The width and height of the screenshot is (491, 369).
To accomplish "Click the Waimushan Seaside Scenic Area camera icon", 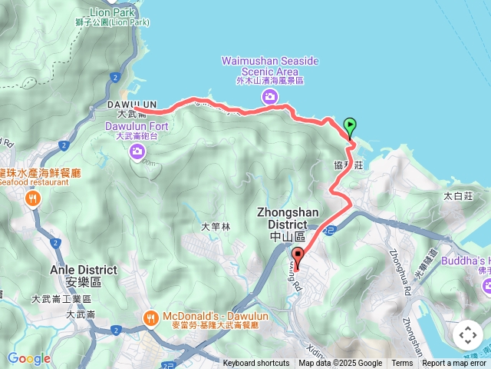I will click(269, 96).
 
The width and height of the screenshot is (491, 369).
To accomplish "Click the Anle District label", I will click(84, 270).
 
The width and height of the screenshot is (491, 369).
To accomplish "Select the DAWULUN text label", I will click(132, 104).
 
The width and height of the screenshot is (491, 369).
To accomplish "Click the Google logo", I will click(28, 358).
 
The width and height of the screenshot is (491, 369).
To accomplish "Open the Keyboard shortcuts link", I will click(256, 364).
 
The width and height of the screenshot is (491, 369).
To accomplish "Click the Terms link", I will click(402, 364).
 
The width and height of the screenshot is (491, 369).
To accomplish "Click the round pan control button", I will click(467, 335).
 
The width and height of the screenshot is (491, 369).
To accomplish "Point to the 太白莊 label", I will click(456, 196).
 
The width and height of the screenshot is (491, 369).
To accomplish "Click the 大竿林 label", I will click(215, 227).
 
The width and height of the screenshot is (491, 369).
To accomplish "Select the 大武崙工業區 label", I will click(62, 299).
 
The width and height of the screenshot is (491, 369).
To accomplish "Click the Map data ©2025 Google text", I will click(340, 364).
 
